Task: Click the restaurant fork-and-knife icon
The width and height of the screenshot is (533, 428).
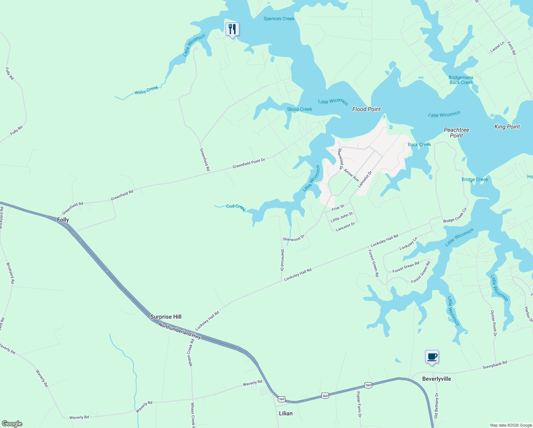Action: [x=232, y=29]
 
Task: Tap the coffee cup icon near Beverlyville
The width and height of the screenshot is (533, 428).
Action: [x=432, y=356]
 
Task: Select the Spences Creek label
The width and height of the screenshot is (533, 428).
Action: [x=279, y=19]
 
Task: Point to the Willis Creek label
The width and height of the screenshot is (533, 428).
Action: [x=146, y=90]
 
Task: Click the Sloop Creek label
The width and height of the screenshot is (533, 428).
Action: [x=300, y=109]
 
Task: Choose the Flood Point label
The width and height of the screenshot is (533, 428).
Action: [x=366, y=109]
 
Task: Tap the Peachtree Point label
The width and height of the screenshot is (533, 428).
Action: [x=456, y=133]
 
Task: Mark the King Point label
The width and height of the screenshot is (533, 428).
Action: [x=507, y=127]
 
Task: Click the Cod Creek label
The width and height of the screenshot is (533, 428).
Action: [x=236, y=208]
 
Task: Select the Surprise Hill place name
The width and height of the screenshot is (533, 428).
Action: [x=166, y=317]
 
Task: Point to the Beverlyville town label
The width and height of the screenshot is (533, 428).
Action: [x=436, y=379]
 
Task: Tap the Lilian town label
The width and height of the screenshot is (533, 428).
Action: [x=285, y=413]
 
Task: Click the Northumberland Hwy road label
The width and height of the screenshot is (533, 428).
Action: [x=180, y=331]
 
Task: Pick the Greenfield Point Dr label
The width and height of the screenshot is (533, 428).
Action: [x=249, y=163]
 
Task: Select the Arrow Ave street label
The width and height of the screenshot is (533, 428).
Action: [x=351, y=175]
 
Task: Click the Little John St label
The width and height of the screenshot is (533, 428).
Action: [x=341, y=217]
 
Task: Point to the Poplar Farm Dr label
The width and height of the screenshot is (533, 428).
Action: [x=359, y=404]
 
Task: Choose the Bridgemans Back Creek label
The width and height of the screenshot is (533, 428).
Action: [x=461, y=80]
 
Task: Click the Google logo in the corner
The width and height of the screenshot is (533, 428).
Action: [x=12, y=423]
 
